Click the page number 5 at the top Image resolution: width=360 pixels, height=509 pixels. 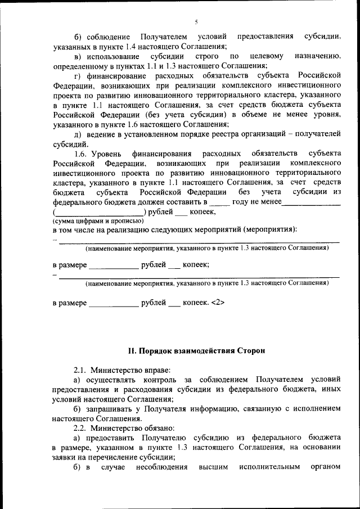tap(196, 22)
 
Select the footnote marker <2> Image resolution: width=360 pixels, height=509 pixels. tap(218, 303)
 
